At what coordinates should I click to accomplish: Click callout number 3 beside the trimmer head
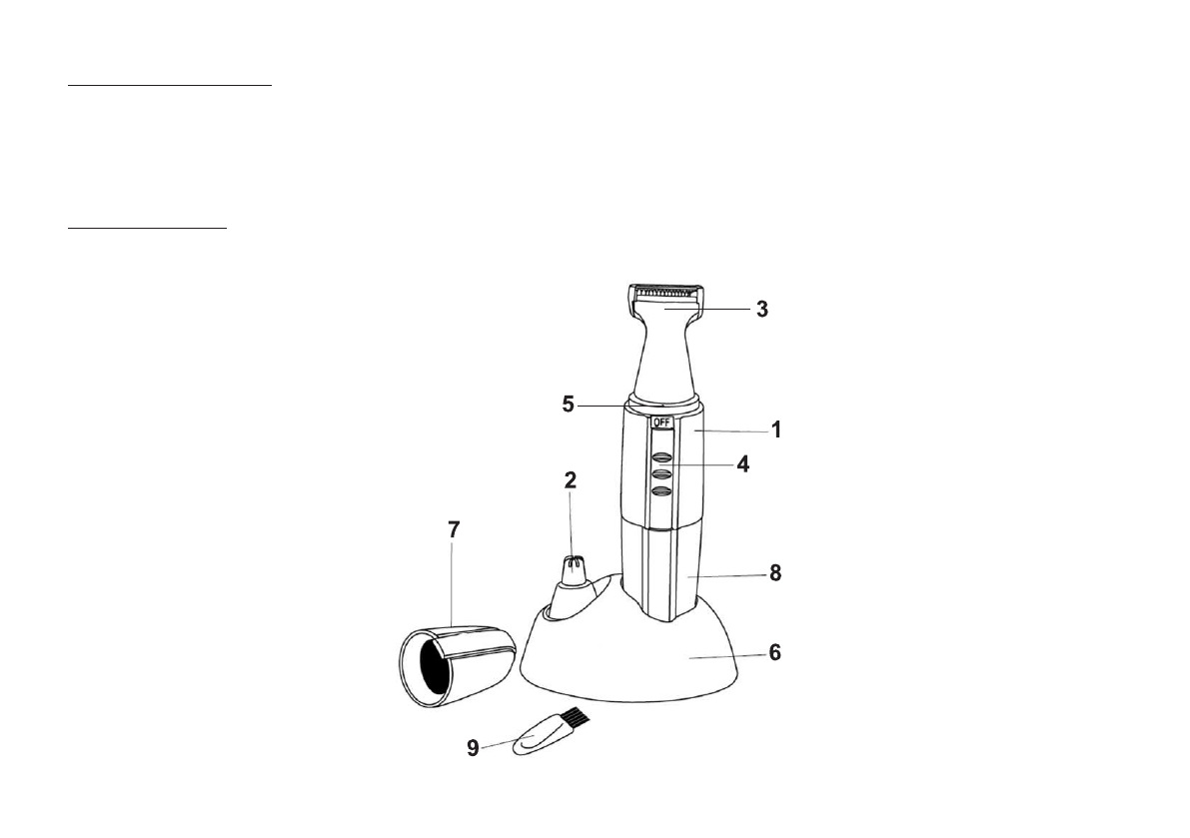tap(762, 310)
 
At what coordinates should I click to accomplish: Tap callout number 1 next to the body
tap(775, 430)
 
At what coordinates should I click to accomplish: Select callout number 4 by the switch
tap(743, 463)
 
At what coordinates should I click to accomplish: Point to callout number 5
tap(569, 405)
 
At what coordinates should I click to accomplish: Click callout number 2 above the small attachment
tap(570, 480)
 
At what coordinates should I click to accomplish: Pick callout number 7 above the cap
tap(454, 529)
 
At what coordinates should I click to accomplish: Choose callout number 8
tap(775, 573)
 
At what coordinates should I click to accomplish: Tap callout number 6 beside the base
tap(775, 652)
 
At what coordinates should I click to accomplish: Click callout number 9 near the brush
tap(473, 748)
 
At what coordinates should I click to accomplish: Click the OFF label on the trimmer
tap(662, 421)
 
